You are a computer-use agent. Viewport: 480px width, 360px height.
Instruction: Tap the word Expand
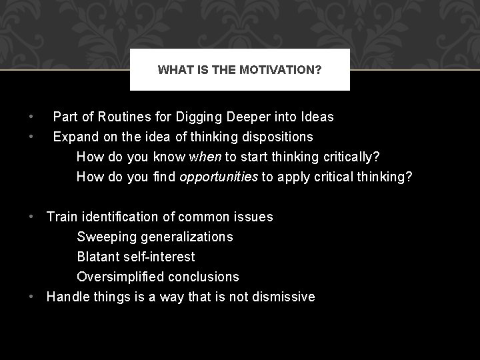pos(75,137)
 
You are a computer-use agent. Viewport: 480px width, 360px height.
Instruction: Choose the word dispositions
pos(275,137)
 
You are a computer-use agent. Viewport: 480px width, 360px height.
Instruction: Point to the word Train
pos(62,217)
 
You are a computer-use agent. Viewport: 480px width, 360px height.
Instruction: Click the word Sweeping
pos(104,237)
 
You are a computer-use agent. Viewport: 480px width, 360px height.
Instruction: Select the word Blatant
pos(99,257)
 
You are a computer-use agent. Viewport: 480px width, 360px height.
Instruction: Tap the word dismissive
pos(283,297)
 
